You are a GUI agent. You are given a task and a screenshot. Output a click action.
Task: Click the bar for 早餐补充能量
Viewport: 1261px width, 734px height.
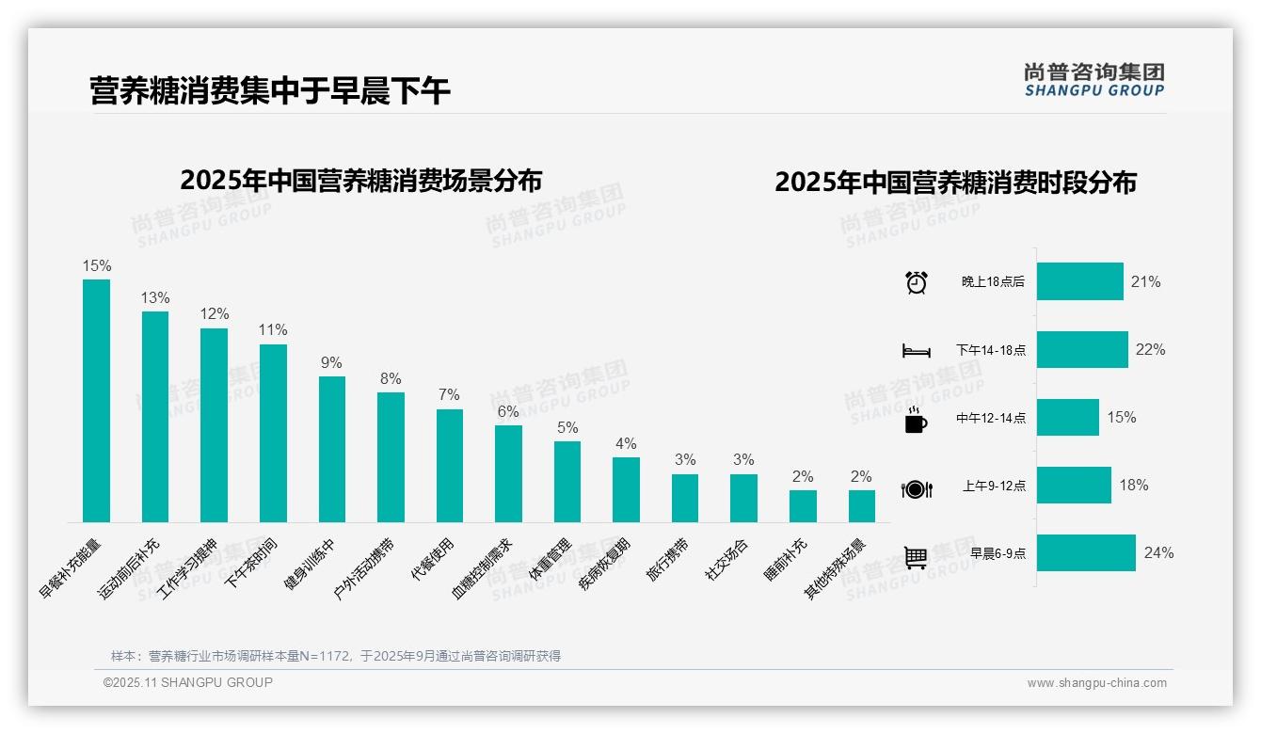tap(96, 400)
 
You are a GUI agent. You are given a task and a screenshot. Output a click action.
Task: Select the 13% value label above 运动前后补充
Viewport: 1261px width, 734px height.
tap(155, 298)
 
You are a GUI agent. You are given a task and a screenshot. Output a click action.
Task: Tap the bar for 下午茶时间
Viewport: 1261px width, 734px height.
tap(273, 433)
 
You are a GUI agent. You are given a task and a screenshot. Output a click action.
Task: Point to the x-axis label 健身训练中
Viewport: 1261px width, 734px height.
tap(311, 562)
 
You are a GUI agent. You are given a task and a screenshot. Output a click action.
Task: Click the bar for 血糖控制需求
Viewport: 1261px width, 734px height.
tap(508, 473)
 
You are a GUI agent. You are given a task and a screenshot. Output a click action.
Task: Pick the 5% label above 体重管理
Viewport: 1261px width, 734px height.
tap(567, 428)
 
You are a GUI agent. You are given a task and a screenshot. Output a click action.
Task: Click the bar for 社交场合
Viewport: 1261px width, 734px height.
tap(743, 498)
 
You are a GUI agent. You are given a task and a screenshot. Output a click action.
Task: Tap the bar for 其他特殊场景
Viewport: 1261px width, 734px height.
tap(861, 505)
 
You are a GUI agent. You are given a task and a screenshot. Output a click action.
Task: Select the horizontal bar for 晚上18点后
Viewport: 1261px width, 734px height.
tap(1079, 281)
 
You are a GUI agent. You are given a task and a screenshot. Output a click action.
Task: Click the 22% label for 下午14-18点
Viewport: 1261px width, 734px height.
tap(1150, 349)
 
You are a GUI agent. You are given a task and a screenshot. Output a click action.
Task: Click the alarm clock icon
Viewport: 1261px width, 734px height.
tap(916, 282)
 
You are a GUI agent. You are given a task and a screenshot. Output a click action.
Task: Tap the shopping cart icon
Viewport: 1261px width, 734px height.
tap(916, 557)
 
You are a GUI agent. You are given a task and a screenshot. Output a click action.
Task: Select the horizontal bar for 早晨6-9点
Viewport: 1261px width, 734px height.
tap(1086, 553)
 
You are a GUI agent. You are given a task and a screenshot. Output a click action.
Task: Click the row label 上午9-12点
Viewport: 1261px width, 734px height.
tap(994, 486)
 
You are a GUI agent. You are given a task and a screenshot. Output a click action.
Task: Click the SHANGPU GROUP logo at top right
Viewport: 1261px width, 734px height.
tap(1093, 80)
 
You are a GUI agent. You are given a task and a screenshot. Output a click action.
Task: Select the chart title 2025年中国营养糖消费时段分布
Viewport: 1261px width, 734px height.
tap(955, 182)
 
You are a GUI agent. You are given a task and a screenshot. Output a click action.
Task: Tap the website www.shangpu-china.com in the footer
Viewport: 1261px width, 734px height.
tap(1096, 683)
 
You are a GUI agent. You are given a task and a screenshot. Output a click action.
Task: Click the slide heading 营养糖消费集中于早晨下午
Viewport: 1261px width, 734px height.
tap(270, 90)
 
